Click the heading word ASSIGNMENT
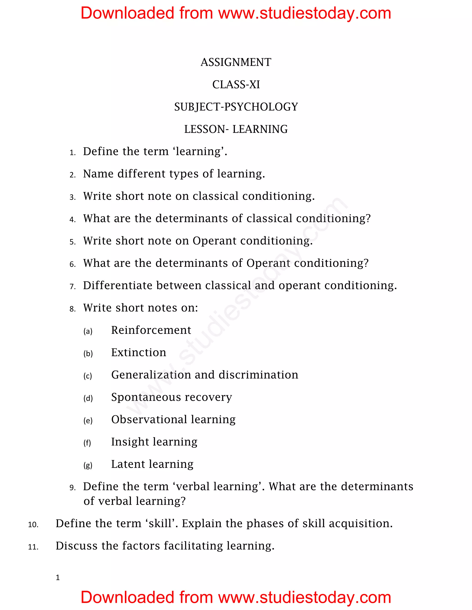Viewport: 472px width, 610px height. click(x=236, y=62)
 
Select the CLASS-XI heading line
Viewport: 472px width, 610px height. click(x=236, y=85)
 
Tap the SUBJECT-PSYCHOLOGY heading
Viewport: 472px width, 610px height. click(x=236, y=107)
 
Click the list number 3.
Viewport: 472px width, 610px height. click(x=72, y=197)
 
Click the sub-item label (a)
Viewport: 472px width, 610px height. click(x=88, y=331)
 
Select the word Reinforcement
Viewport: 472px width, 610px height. click(x=151, y=330)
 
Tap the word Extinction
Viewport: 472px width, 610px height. click(x=139, y=352)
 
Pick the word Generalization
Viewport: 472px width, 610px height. click(x=151, y=375)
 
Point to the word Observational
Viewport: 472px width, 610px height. click(x=149, y=419)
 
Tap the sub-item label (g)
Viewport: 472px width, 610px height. click(x=88, y=465)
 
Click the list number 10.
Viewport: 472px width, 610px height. click(x=33, y=525)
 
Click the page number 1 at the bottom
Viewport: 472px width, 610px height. click(x=58, y=577)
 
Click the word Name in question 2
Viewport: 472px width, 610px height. click(x=98, y=174)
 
